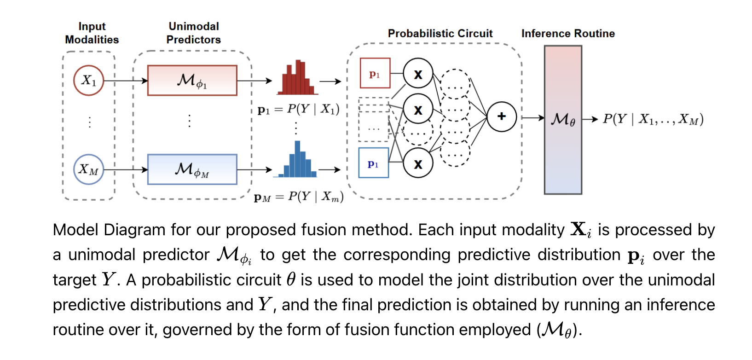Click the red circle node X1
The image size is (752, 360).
click(88, 81)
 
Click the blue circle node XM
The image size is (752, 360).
click(88, 169)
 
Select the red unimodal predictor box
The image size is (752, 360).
click(192, 81)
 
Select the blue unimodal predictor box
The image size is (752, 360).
click(192, 169)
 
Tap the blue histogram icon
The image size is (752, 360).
click(298, 161)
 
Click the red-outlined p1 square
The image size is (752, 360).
click(375, 73)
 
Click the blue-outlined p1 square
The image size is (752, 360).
click(373, 163)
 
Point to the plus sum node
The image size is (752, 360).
click(501, 116)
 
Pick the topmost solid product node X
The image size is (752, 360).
click(418, 74)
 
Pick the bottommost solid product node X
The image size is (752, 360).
click(418, 163)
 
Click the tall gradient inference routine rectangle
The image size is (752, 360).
click(562, 120)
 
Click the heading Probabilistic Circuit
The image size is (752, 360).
click(440, 34)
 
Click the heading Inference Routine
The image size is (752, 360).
click(568, 34)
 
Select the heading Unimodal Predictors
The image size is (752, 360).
click(193, 33)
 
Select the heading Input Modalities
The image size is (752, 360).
click(92, 33)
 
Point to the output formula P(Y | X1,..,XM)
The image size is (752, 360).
click(653, 119)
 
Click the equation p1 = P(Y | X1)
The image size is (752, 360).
click(298, 109)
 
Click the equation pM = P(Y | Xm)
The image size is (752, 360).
click(298, 197)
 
